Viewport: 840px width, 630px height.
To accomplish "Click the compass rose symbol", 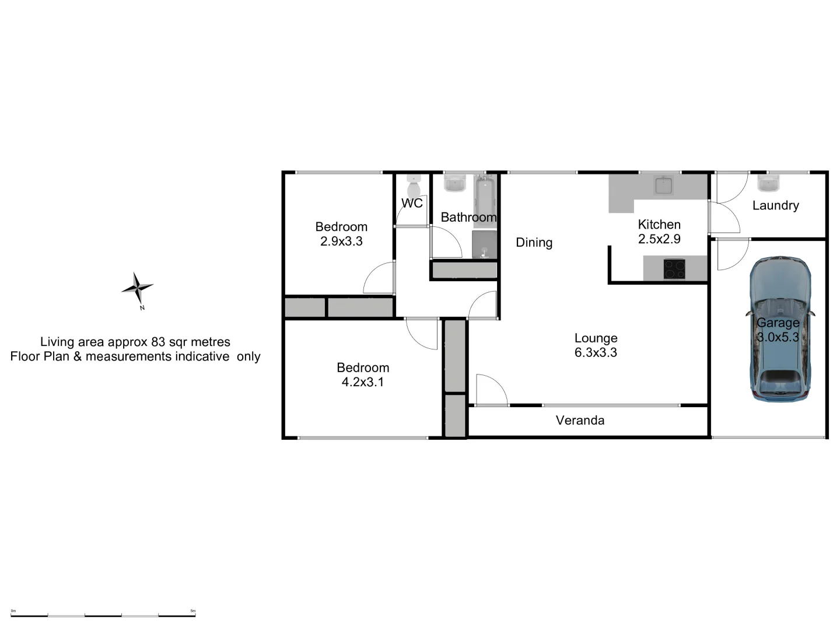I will tap(138, 288).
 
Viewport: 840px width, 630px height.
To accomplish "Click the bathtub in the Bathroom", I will tap(485, 199).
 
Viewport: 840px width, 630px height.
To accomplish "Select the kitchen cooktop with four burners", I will tap(675, 269).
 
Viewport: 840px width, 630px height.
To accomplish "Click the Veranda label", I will tap(580, 420).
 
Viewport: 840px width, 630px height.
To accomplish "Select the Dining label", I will tap(534, 243).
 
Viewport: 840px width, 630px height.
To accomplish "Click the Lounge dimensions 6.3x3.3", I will tap(596, 352).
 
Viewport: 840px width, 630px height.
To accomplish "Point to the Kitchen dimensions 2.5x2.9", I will tap(659, 239).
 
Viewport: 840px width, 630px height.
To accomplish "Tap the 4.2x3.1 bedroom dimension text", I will tap(363, 382).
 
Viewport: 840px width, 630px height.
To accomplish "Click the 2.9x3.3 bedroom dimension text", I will tap(341, 241).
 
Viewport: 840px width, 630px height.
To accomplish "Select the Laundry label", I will tap(775, 205).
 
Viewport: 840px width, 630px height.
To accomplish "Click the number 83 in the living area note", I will tap(158, 342).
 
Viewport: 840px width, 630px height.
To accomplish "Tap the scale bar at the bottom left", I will tap(104, 614).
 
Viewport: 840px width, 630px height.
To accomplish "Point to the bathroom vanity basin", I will tap(454, 184).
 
